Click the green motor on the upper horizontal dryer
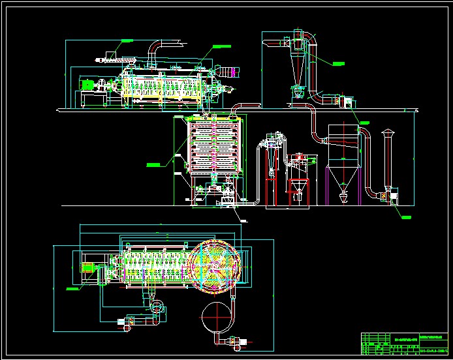(x=87, y=83)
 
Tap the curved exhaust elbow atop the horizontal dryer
(x=155, y=49)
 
